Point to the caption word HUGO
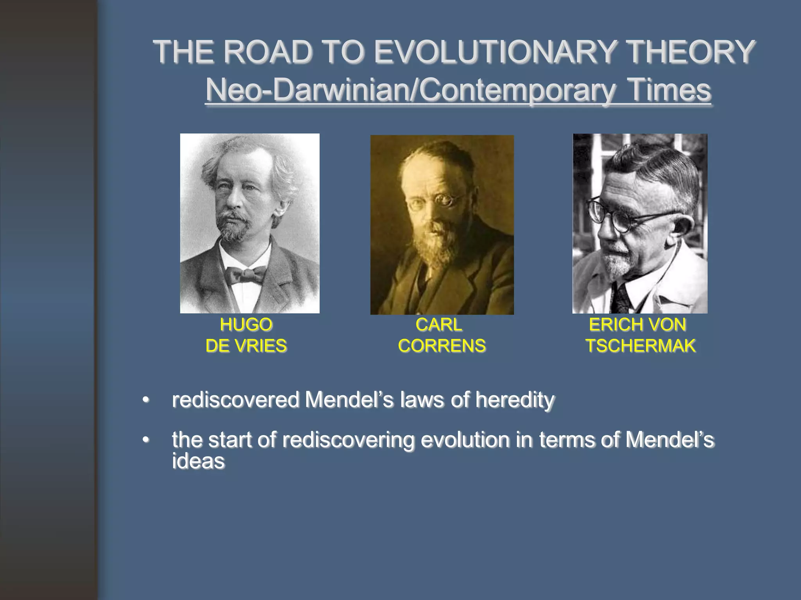click(246, 325)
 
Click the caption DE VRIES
click(246, 346)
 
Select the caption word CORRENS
click(442, 346)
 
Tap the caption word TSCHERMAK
click(640, 346)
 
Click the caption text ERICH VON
click(638, 325)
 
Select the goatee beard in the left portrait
click(233, 229)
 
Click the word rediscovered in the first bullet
click(235, 400)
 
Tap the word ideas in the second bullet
click(198, 461)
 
